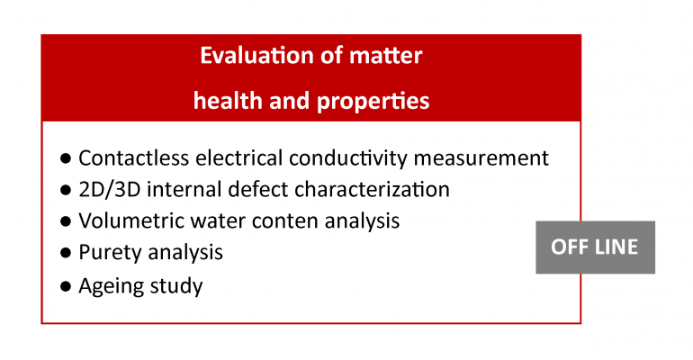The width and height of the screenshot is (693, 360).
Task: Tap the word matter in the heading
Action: (x=386, y=56)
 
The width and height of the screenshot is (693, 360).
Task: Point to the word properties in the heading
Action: (x=373, y=102)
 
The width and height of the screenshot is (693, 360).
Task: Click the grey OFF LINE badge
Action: (x=595, y=247)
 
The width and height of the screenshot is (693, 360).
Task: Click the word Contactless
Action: (x=134, y=157)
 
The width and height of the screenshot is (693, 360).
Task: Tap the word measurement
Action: (x=481, y=158)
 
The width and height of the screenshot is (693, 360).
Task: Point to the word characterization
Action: (x=372, y=189)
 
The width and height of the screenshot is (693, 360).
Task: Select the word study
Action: (x=176, y=286)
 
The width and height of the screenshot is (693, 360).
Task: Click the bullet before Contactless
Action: (x=66, y=158)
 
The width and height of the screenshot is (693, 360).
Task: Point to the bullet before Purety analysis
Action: (x=66, y=253)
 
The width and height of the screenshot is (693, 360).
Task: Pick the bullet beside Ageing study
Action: (x=66, y=286)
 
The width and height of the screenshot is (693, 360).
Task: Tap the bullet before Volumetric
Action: (x=66, y=220)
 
